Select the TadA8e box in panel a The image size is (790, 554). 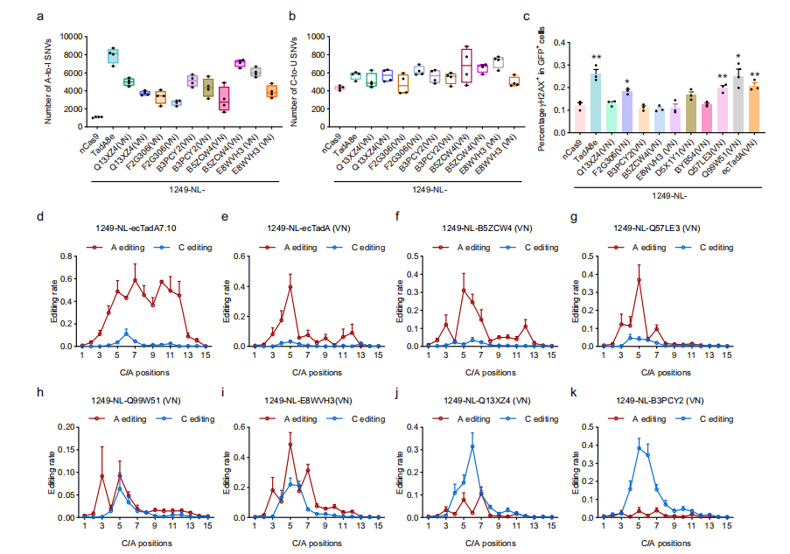click(x=112, y=56)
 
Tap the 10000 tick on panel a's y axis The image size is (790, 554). click(x=71, y=37)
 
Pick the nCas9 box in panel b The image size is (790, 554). click(x=339, y=88)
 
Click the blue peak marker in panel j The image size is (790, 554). click(x=472, y=445)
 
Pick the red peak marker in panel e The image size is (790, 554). click(x=290, y=286)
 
